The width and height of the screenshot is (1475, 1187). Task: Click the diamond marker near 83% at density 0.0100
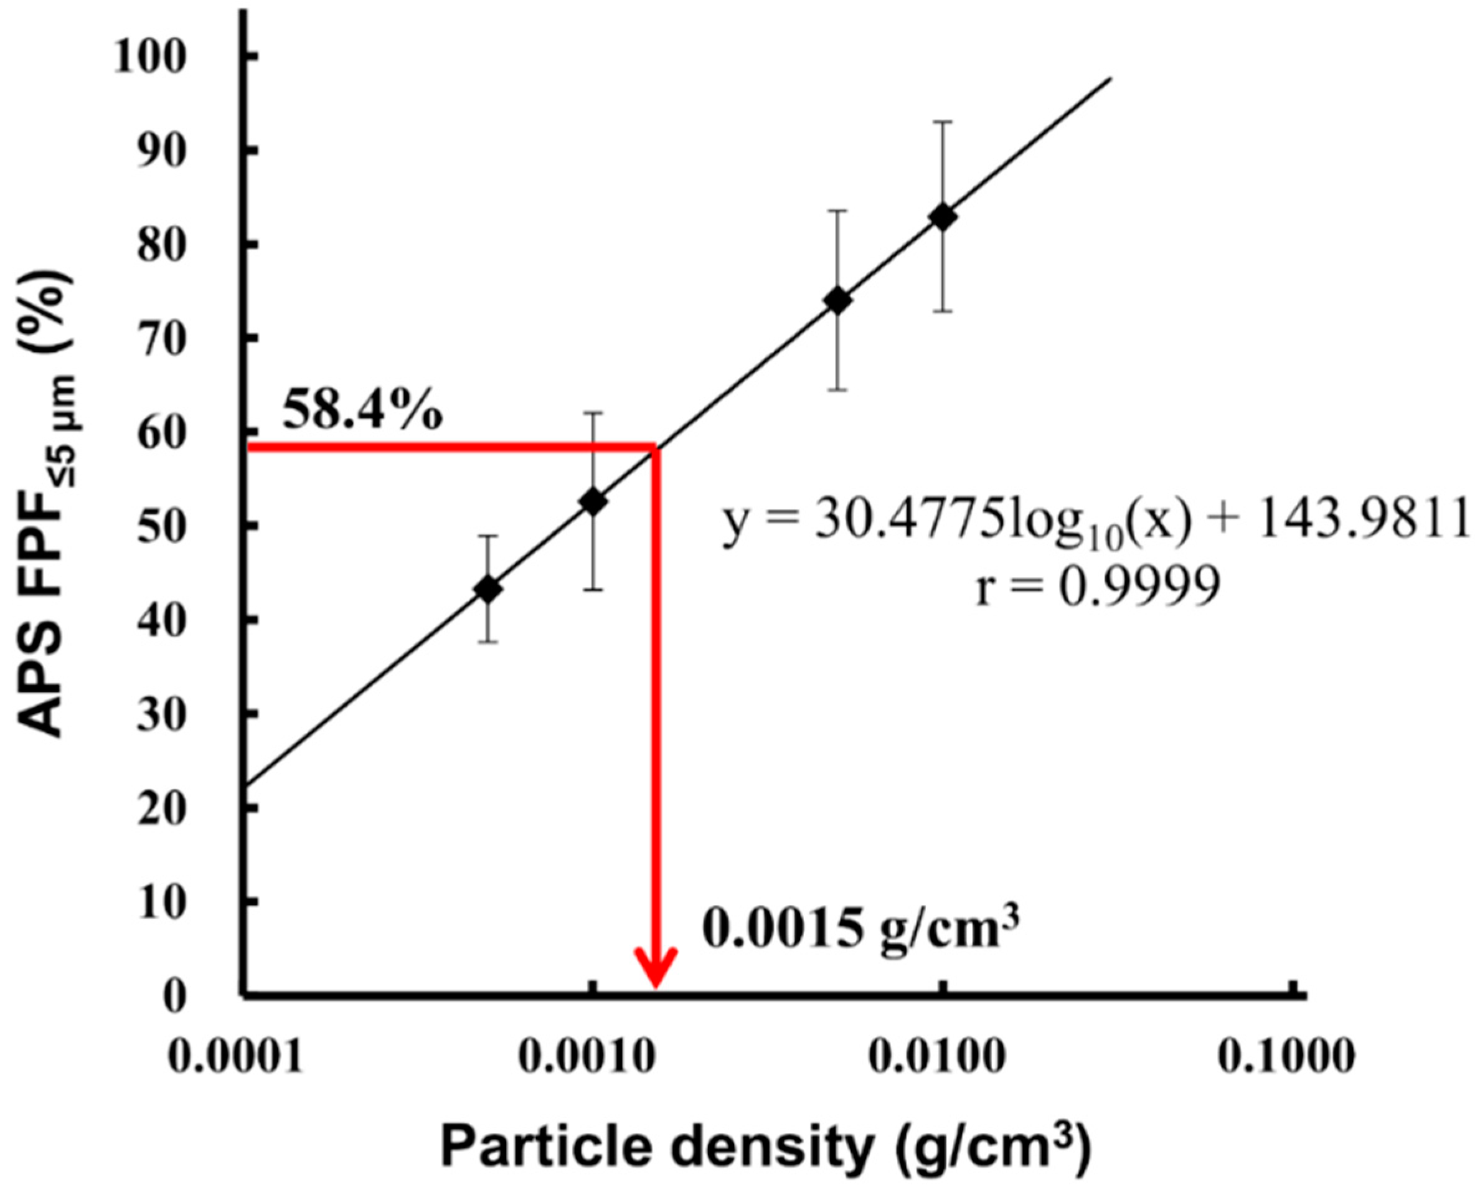pyautogui.click(x=943, y=217)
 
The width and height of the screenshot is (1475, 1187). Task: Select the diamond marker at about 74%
pyautogui.click(x=838, y=300)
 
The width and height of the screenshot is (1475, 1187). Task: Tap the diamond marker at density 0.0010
pyautogui.click(x=593, y=501)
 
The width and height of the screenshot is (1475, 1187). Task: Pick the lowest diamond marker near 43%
pyautogui.click(x=488, y=589)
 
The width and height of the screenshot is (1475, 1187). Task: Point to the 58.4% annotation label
pyautogui.click(x=362, y=411)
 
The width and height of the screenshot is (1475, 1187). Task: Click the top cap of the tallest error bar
pyautogui.click(x=943, y=122)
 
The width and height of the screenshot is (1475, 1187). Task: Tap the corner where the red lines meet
pyautogui.click(x=656, y=447)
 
